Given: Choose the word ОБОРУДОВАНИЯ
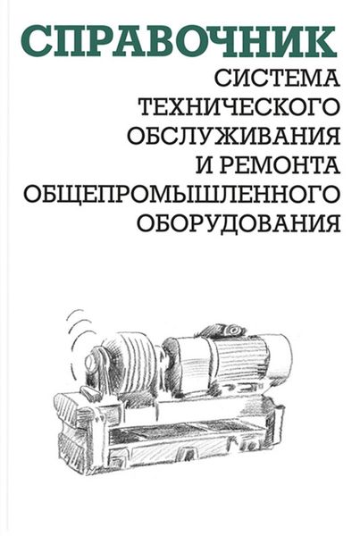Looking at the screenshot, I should click(239, 224).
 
